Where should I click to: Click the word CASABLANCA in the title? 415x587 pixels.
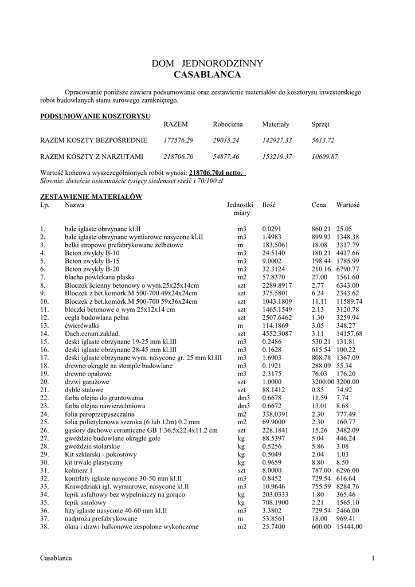click(207, 75)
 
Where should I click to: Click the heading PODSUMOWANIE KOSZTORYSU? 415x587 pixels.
click(95, 116)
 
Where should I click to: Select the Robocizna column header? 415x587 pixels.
click(228, 124)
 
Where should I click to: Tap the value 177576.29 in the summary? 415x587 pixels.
click(179, 140)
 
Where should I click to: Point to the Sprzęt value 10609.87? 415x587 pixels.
click(324, 156)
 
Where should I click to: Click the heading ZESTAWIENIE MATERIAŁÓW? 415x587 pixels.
click(91, 196)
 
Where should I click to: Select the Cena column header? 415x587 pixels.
click(319, 204)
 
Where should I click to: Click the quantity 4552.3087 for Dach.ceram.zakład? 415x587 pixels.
click(277, 333)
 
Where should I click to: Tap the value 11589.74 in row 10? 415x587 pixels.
click(350, 301)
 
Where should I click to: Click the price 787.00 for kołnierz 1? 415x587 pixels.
click(321, 469)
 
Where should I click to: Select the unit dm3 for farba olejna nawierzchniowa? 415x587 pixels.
click(241, 405)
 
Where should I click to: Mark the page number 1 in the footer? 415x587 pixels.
click(373, 558)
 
